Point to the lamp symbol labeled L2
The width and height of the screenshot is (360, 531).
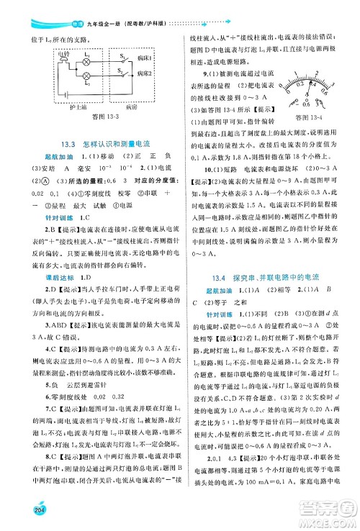coord(85,76)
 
